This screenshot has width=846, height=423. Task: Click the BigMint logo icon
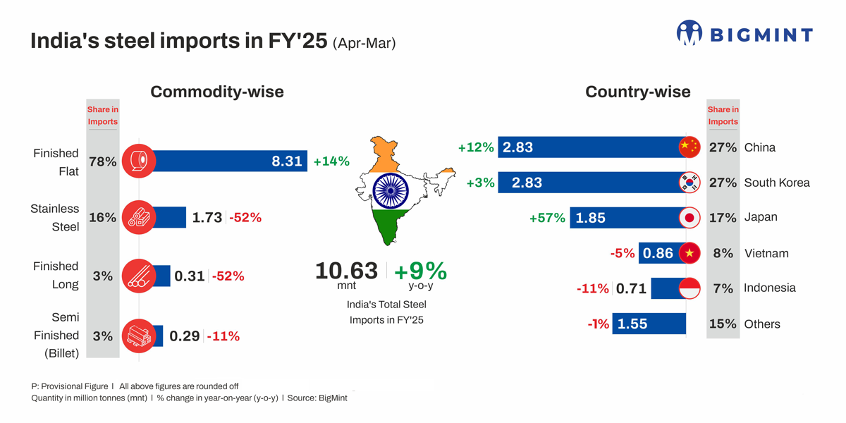[x=689, y=33]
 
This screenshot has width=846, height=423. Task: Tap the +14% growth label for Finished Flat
[x=331, y=161]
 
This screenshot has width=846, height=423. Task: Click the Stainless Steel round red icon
[x=139, y=217]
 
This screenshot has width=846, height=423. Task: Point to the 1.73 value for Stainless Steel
[x=207, y=218]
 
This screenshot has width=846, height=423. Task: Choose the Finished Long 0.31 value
[x=190, y=276]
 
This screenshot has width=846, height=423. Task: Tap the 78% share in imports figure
[x=102, y=161]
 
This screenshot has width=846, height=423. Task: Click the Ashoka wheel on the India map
[x=390, y=190]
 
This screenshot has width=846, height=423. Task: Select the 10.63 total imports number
[x=346, y=270]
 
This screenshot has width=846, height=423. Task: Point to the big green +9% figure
[x=420, y=271]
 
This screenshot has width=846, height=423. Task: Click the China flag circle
[x=689, y=147]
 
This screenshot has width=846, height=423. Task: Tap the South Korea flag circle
[x=689, y=182]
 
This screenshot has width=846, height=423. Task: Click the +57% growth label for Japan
[x=547, y=218]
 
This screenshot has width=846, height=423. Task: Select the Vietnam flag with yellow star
[x=689, y=252]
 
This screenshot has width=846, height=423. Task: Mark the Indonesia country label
[x=770, y=288]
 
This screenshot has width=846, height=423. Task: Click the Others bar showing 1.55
[x=649, y=324]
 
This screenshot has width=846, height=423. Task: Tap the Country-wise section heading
[x=637, y=92]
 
